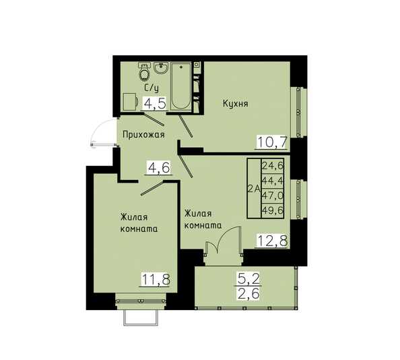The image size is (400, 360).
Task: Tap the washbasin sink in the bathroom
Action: [161, 68]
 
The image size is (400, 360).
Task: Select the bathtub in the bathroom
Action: [181, 86]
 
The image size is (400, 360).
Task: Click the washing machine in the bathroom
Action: [131, 102]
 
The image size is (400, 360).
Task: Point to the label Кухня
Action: [236, 104]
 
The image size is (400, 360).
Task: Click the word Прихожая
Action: [143, 134]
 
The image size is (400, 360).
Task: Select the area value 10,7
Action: [273, 142]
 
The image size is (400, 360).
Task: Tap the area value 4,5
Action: [156, 104]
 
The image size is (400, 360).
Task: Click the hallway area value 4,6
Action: [159, 168]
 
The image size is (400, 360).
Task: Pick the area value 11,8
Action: [156, 279]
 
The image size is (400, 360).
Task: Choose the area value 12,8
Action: [273, 241]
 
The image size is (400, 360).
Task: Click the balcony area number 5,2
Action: [248, 278]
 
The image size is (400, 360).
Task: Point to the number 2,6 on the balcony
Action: [248, 293]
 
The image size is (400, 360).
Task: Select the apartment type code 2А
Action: [254, 189]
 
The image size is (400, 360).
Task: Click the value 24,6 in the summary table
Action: [273, 166]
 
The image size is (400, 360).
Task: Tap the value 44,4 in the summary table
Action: [273, 181]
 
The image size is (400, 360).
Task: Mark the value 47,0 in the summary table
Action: [273, 196]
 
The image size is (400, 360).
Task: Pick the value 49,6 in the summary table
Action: [273, 210]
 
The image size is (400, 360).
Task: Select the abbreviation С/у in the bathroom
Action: [152, 88]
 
